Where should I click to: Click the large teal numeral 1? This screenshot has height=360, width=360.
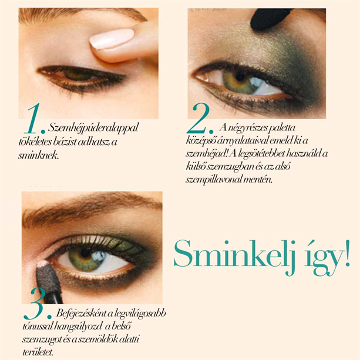coord(32,119)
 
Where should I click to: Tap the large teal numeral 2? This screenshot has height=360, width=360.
coord(198,119)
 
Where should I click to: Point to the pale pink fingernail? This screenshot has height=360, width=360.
coord(112,39)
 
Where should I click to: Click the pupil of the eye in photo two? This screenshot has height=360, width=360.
coord(240,76)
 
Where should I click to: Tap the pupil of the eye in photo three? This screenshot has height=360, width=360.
coord(85,253)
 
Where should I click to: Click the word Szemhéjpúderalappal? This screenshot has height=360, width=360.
coord(93,128)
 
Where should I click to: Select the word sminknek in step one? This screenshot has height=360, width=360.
coord(39,156)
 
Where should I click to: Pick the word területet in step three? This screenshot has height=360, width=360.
coord(38,352)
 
